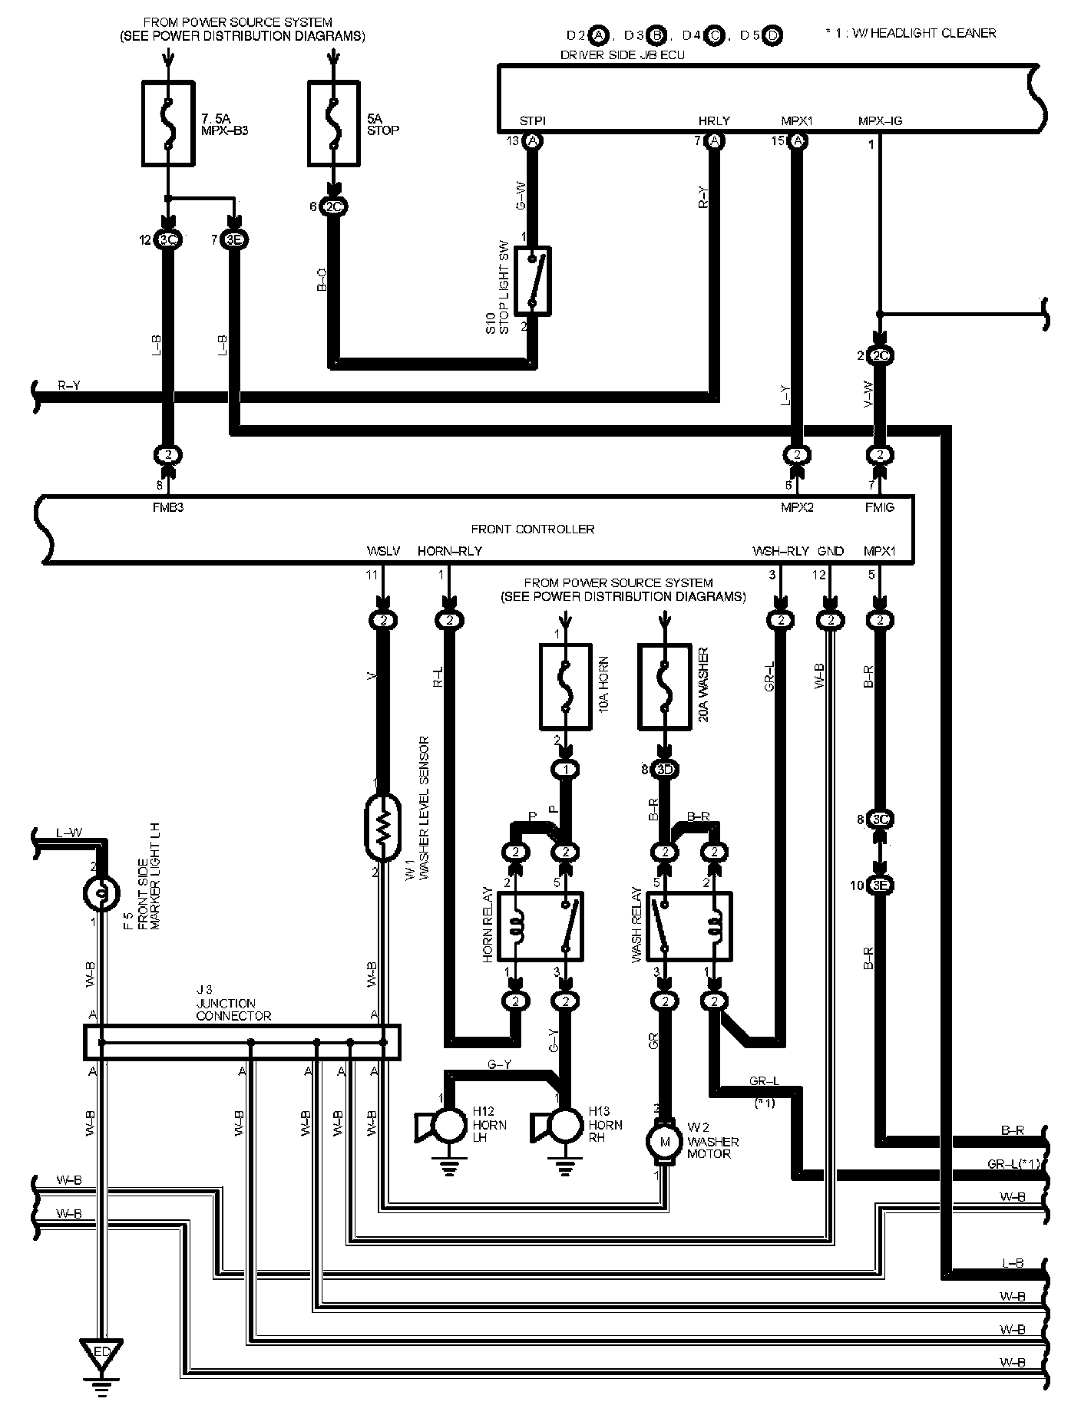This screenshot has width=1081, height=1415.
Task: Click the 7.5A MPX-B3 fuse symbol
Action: (x=168, y=124)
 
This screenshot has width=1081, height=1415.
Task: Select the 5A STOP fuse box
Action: (x=333, y=124)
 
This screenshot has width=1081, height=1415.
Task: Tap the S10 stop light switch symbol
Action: (x=532, y=280)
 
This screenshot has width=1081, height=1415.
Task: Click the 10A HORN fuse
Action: (x=566, y=688)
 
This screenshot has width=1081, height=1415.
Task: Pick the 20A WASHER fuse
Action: (x=664, y=688)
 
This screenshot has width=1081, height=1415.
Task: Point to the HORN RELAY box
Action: (x=540, y=925)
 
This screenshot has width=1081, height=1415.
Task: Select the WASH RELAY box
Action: (x=689, y=925)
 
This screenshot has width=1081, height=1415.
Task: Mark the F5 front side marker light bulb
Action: (x=101, y=892)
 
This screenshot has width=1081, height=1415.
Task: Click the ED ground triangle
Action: (x=101, y=1353)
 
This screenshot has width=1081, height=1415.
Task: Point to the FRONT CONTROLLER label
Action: (x=532, y=529)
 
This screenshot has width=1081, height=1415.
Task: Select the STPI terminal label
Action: (x=532, y=120)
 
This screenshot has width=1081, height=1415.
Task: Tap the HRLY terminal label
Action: (x=714, y=120)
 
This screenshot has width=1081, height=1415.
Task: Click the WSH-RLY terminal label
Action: (x=780, y=551)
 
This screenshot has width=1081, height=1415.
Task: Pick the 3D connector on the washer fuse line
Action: (x=665, y=769)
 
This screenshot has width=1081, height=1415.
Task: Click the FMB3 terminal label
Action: (x=168, y=507)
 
